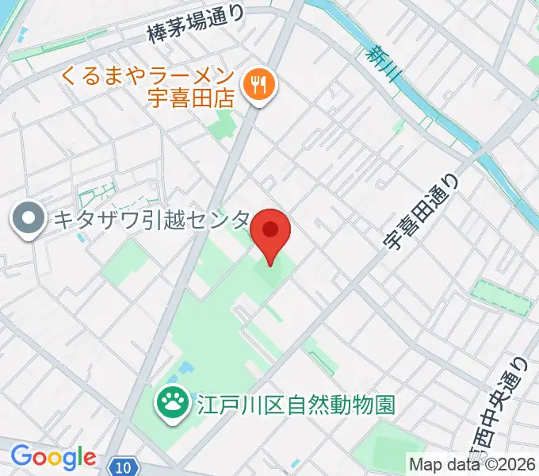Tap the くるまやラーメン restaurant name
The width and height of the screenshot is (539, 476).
tap(149, 78)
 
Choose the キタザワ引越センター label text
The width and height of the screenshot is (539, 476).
tap(151, 220)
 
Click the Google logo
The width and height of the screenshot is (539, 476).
tap(52, 458)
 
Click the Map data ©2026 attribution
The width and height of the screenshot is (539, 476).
tap(472, 463)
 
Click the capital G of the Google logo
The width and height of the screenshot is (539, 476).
tap(21, 457)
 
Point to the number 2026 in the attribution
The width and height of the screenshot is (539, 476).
tap(518, 463)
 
